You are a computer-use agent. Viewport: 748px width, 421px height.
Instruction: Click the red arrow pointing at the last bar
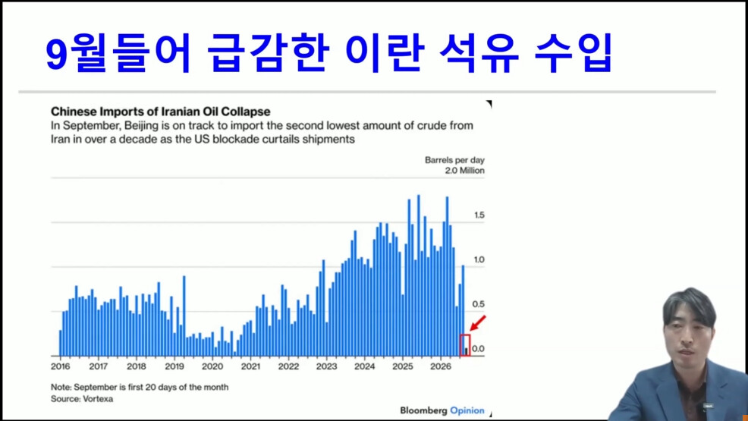pos(477,323)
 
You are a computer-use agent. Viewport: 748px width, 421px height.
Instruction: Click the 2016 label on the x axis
pos(60,366)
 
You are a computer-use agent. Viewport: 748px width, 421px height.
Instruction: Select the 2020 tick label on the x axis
pos(212,366)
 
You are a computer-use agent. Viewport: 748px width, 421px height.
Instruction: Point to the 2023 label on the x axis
pos(326,366)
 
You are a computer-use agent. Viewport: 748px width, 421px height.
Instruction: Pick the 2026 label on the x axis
pos(441,366)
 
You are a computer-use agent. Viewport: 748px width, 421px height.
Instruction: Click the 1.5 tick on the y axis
pos(479,215)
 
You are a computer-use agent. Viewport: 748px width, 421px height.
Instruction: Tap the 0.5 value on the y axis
pos(479,303)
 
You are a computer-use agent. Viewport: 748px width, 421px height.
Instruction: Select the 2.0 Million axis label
pos(464,170)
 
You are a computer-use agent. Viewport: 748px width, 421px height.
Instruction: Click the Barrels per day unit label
pos(454,160)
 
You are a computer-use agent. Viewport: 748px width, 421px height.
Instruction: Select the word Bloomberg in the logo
pos(423,410)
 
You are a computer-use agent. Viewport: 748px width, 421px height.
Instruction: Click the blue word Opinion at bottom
pos(467,410)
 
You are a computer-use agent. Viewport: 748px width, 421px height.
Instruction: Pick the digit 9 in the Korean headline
pos(55,55)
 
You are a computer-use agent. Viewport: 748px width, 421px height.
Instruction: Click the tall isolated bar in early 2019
pos(184,316)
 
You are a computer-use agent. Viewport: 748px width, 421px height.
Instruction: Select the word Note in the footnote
pos(60,387)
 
